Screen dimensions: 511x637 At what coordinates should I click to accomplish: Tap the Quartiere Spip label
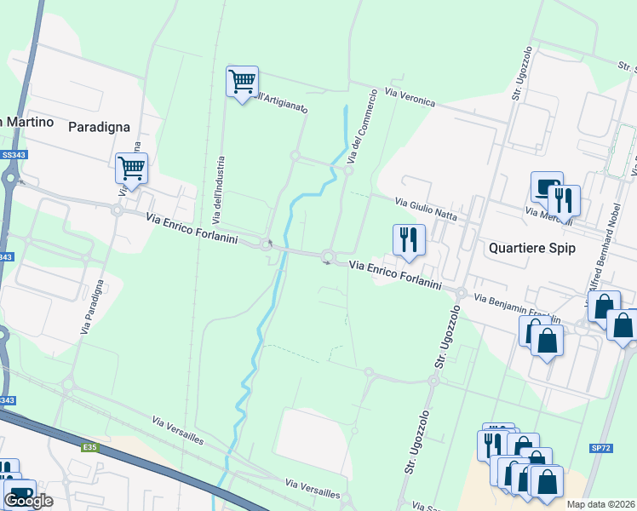coord(532,249)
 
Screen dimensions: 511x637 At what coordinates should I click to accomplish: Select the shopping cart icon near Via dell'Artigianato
coord(242,83)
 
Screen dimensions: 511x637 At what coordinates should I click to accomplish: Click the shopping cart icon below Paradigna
coord(131,169)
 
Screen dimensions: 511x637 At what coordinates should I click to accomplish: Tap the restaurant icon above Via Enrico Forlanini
coord(409,240)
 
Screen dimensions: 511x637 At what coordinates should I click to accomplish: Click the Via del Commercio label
coord(362,128)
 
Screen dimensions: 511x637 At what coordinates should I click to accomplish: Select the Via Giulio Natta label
coord(427,210)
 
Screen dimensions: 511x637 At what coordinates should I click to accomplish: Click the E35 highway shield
coord(91,445)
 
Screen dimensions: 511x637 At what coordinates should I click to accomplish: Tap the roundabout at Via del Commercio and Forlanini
coord(329,257)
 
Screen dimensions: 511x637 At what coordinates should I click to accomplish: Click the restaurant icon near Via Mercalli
coord(564,201)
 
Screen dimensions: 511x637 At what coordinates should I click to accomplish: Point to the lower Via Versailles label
coord(313,490)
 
